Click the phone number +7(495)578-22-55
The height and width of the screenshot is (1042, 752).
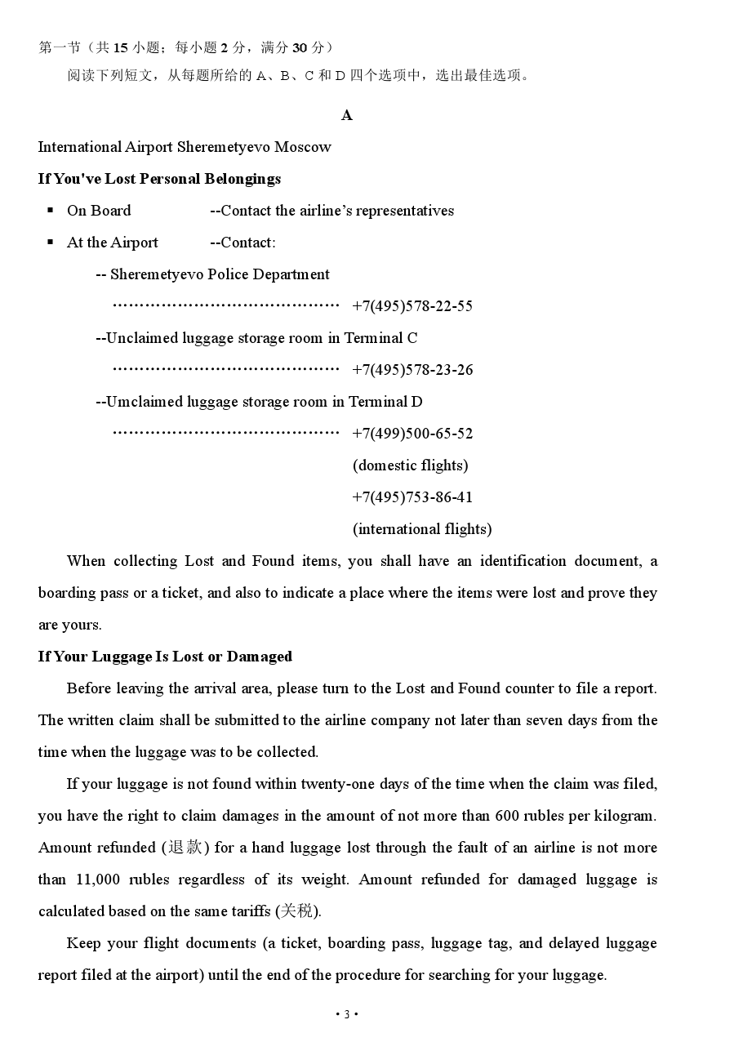[x=412, y=306]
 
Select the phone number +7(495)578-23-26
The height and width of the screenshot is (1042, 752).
[x=412, y=370]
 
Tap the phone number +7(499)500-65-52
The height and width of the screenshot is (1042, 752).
[x=412, y=434]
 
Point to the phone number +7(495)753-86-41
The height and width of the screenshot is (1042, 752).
[x=412, y=497]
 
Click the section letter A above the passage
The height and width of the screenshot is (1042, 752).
[x=347, y=115]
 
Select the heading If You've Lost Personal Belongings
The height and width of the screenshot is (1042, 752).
[x=159, y=179]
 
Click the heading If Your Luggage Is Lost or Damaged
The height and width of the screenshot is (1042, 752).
[x=165, y=657]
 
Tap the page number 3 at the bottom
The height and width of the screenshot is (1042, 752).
[x=347, y=1015]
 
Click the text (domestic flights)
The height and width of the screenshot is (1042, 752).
[x=410, y=465]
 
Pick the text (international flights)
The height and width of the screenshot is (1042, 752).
[x=422, y=529]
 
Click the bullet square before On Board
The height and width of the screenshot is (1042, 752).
[x=51, y=211]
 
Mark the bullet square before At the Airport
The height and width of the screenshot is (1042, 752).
[x=51, y=243]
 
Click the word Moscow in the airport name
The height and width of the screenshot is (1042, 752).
[x=303, y=147]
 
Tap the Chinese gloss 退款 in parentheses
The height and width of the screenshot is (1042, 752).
[x=185, y=848]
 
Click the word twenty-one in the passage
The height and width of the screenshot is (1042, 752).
[x=341, y=784]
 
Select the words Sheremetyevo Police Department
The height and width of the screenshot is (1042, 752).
[x=220, y=274]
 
